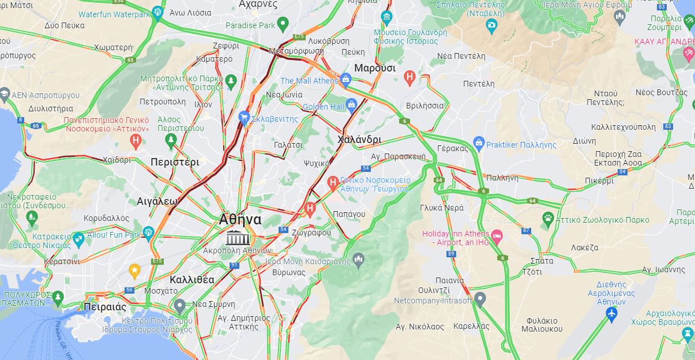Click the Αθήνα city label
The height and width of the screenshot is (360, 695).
point(240,220)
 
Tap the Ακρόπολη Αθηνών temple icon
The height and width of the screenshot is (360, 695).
point(238,237)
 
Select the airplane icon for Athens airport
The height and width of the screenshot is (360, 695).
point(611,314)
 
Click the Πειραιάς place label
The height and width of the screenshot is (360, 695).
point(104,306)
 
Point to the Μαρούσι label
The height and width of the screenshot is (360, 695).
point(375,68)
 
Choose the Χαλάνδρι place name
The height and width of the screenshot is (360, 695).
point(359,140)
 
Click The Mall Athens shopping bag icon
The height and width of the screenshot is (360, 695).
point(346,79)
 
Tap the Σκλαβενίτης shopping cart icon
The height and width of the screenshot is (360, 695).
point(244,117)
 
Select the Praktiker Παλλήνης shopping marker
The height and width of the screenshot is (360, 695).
point(478,142)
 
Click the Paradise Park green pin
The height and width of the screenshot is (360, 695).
point(282,24)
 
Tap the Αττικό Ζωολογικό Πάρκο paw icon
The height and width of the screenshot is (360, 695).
point(548,218)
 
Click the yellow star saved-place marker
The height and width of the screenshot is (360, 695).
point(134,269)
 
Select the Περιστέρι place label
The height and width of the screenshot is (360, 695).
point(175,163)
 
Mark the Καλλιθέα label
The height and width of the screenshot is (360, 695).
point(192,280)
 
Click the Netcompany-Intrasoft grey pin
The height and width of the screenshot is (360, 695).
point(480,298)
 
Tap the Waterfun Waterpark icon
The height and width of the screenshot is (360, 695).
point(158,12)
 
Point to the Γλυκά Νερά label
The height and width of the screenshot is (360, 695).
point(442,208)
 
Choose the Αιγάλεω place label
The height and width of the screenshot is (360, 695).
point(157,201)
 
